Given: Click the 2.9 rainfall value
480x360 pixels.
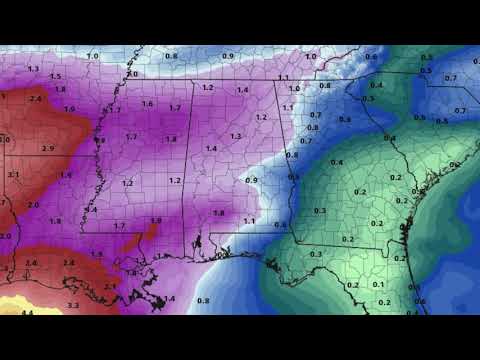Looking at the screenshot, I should (20, 148).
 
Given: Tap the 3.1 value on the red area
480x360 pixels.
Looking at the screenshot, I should (13, 174).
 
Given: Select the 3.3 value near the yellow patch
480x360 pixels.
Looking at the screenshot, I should (72, 304).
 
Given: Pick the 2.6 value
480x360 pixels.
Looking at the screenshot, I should (31, 263).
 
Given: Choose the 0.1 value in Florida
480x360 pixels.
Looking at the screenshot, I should (377, 284).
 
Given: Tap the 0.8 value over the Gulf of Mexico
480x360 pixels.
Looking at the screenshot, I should (203, 300).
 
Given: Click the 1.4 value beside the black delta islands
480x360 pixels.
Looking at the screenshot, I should (169, 298).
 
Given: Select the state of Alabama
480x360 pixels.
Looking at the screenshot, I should (235, 160).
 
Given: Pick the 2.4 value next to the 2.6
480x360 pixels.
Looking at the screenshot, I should (69, 263).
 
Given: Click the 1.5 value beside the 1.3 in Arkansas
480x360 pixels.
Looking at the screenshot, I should (54, 76).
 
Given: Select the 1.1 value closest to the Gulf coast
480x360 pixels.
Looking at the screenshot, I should (249, 220).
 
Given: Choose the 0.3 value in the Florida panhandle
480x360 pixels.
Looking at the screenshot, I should (315, 255).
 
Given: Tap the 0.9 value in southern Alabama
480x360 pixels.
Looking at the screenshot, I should (251, 180).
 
